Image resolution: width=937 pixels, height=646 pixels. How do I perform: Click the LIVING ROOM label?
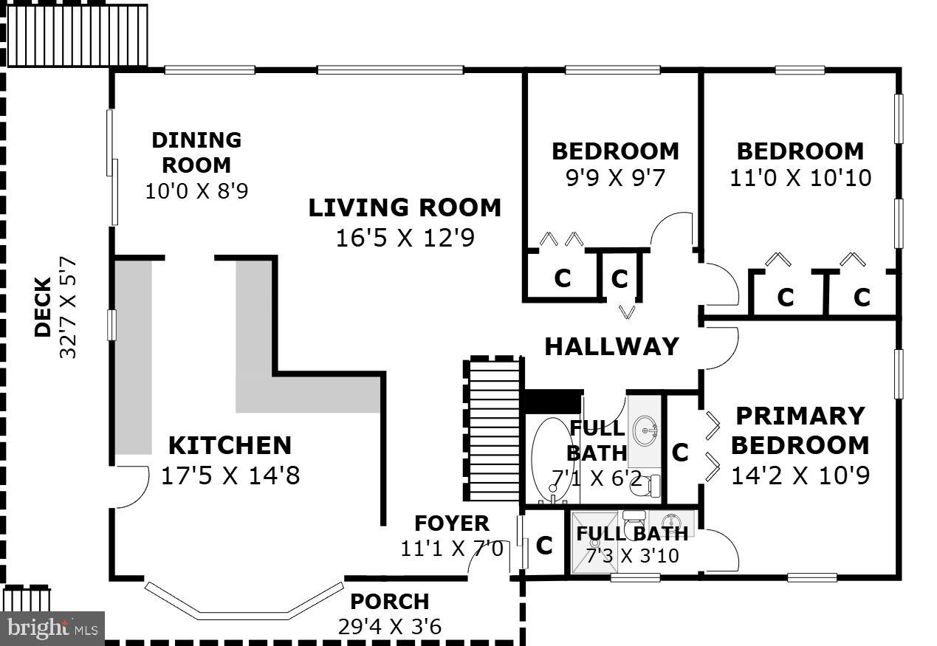click(x=404, y=207)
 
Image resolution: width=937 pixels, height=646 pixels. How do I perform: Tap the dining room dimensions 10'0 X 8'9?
click(x=196, y=191)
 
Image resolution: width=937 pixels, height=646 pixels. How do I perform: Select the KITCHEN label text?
click(x=230, y=445)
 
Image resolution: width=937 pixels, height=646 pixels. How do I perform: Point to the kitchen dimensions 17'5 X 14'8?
click(x=230, y=475)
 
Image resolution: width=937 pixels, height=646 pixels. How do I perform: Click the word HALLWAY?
click(x=611, y=346)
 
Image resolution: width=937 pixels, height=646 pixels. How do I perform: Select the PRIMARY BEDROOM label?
click(x=800, y=430)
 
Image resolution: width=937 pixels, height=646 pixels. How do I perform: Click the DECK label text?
click(x=43, y=306)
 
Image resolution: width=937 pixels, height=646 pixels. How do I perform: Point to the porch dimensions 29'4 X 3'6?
click(x=389, y=627)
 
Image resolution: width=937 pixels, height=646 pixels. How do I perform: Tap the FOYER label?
click(x=451, y=523)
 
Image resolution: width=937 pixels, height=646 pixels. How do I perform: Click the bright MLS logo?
click(x=52, y=628)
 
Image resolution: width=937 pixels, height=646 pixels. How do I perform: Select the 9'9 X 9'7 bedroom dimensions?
click(x=614, y=178)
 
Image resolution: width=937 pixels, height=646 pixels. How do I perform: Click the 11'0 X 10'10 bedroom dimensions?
click(x=800, y=178)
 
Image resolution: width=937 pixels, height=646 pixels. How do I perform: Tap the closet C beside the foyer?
click(x=544, y=546)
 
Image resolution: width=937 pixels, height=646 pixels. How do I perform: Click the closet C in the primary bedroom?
click(x=680, y=452)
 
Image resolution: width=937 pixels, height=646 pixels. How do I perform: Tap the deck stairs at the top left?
click(x=77, y=35)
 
